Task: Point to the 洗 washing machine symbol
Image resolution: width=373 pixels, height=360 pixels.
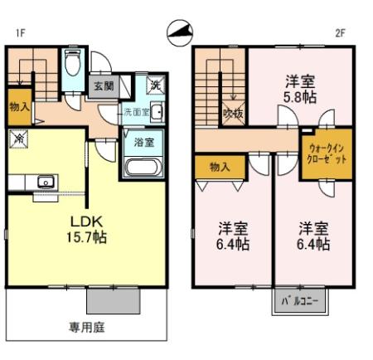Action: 154,85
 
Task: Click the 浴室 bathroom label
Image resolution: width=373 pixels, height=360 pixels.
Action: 143,142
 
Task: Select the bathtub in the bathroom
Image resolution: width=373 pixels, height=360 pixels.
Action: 143,167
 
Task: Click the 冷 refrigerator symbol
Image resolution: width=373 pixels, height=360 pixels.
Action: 17,140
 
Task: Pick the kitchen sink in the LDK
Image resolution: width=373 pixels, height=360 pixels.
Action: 43,181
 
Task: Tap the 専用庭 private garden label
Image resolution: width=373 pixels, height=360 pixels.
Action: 87,327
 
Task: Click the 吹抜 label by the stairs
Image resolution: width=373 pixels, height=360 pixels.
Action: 231,113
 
